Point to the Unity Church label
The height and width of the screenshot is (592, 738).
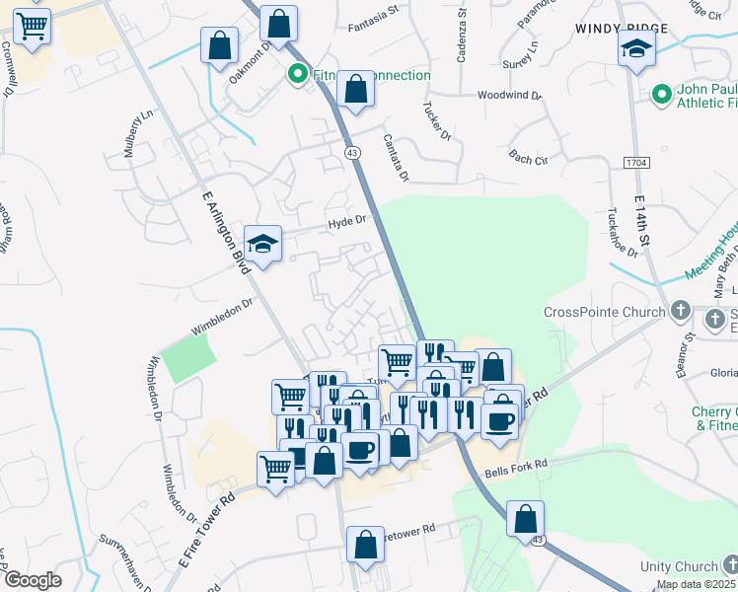[x=678, y=566]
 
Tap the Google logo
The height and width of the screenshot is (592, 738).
[x=32, y=580]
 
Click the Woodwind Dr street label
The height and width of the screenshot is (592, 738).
[x=510, y=96]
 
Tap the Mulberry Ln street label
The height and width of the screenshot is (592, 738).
[x=141, y=133]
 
